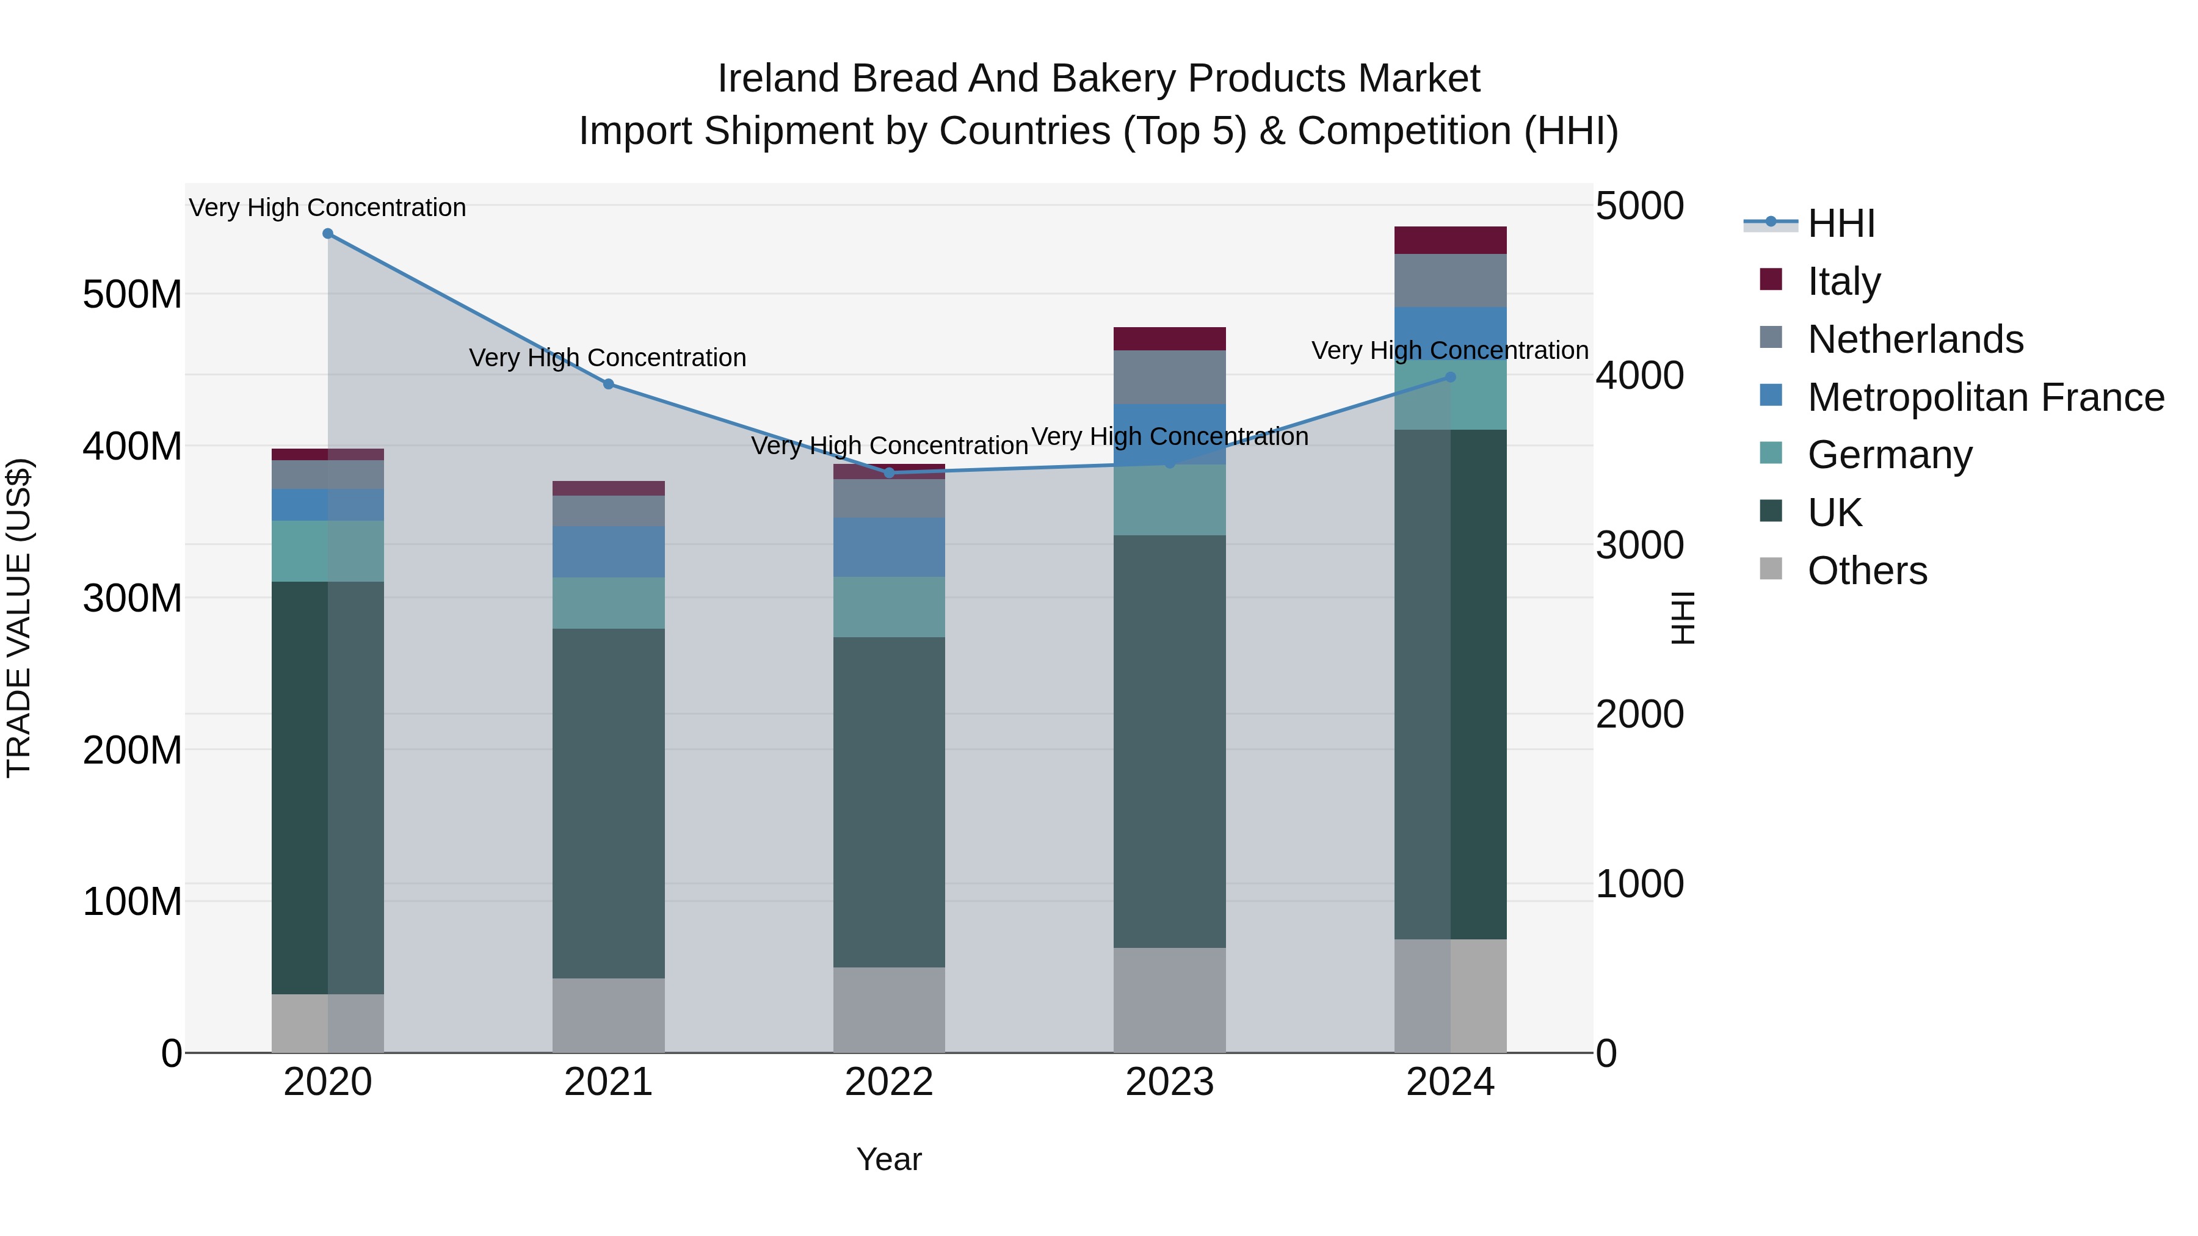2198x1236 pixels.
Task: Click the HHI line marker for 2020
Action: click(x=328, y=234)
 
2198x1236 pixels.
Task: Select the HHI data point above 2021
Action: click(x=608, y=384)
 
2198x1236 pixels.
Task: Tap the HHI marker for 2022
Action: click(x=888, y=472)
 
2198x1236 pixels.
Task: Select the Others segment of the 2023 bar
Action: click(x=1169, y=1000)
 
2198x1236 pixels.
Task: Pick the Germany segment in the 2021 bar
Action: click(x=608, y=603)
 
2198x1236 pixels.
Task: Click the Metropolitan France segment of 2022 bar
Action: click(x=888, y=548)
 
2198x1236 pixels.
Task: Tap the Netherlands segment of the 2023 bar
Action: click(x=1169, y=377)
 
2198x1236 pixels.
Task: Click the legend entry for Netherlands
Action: click(x=1915, y=339)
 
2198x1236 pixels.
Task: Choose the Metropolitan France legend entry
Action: click(x=1985, y=397)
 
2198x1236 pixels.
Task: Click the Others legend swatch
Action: click(x=1771, y=569)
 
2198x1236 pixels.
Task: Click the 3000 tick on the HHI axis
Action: click(x=1639, y=545)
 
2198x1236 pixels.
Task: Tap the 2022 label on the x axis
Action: click(x=888, y=1082)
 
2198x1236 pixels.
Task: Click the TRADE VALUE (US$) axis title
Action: click(x=19, y=618)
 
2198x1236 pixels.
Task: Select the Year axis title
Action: click(x=888, y=1159)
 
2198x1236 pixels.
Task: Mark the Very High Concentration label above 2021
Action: click(x=608, y=358)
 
